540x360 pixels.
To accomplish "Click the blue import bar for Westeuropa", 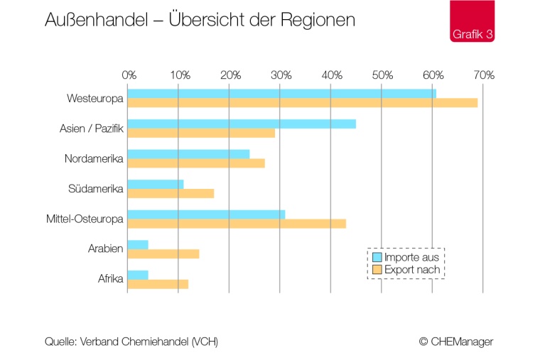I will tap(281, 94).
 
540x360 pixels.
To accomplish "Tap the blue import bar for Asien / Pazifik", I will tap(242, 124).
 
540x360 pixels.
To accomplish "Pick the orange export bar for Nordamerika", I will tap(196, 163).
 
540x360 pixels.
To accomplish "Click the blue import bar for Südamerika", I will tap(156, 185).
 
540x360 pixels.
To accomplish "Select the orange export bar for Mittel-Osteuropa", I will tap(237, 224).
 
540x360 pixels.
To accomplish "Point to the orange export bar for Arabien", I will tap(163, 253).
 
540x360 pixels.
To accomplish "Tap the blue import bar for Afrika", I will tap(138, 275).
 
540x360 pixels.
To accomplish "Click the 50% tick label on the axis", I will tap(382, 75).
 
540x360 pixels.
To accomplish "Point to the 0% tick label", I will tap(129, 75).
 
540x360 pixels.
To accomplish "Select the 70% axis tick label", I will tap(484, 75).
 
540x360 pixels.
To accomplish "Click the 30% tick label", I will tap(281, 75).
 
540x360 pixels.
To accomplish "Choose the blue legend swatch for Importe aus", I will tap(377, 257).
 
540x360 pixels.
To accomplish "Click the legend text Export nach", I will tap(411, 270).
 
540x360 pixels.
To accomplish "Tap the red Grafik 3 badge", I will tap(472, 21).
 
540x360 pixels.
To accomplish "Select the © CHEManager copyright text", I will tap(455, 342).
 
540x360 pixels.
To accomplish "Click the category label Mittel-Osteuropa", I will tap(85, 219).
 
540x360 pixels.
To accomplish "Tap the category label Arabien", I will tap(106, 249).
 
